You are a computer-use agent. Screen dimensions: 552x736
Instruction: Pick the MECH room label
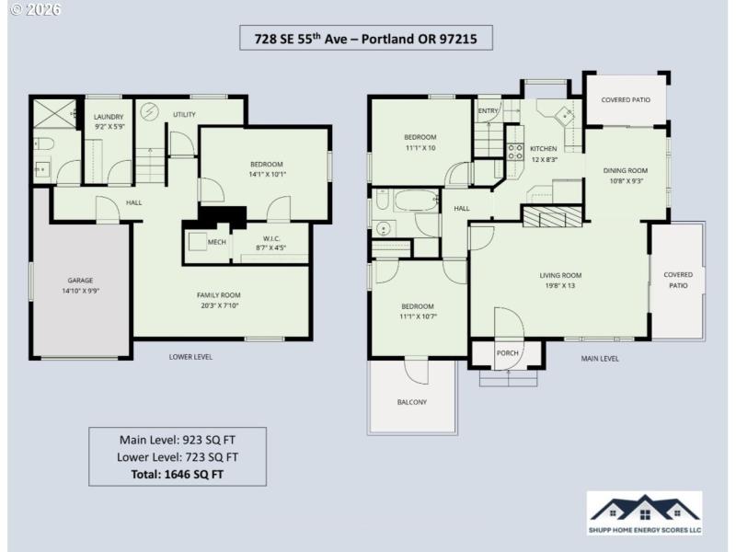point(217,242)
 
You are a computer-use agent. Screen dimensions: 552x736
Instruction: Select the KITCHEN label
point(543,148)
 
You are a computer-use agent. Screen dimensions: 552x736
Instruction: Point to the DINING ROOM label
point(626,170)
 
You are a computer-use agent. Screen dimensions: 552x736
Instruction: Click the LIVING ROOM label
point(560,275)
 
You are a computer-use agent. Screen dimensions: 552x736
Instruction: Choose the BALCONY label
point(411,402)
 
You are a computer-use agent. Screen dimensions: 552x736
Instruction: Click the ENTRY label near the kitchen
point(488,111)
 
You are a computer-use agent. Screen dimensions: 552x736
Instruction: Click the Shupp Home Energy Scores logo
point(644,513)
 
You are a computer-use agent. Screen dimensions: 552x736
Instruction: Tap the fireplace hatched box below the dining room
point(553,216)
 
